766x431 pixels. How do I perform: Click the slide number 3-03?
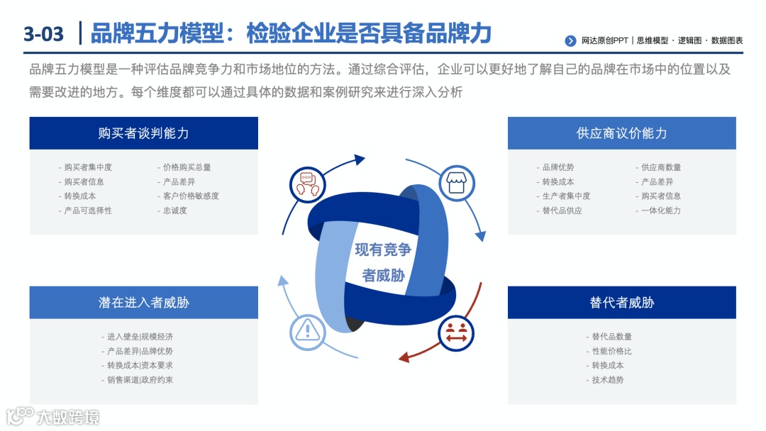(43, 33)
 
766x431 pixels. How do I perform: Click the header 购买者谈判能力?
(143, 133)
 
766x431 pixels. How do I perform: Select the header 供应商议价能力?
(621, 133)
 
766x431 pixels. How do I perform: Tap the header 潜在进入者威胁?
(143, 303)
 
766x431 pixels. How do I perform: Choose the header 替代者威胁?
(621, 303)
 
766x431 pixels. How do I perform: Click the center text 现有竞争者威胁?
(383, 262)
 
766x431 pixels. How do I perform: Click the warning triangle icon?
(307, 330)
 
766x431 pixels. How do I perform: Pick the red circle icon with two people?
(456, 332)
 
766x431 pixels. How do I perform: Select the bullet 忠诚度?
(174, 211)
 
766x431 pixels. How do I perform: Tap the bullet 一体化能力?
(661, 211)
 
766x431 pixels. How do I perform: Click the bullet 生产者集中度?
(566, 196)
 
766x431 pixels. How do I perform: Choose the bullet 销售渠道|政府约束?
(140, 380)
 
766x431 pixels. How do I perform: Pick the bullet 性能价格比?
(611, 352)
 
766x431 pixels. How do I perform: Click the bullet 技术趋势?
(608, 380)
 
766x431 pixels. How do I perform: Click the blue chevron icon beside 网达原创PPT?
(570, 41)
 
